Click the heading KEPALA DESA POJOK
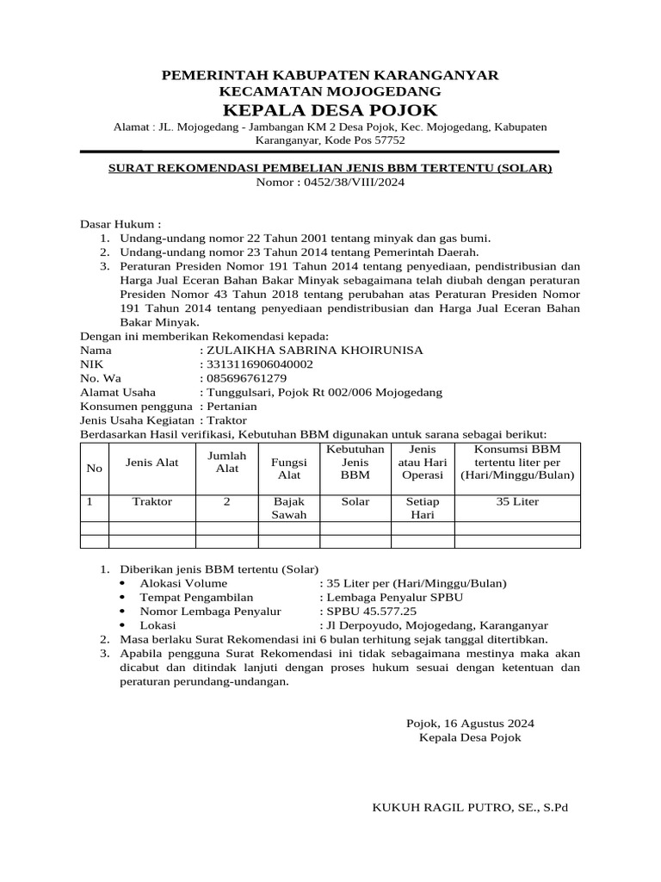(330, 109)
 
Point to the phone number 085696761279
(245, 378)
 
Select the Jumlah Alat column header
(226, 462)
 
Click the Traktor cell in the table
(152, 501)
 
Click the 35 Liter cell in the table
(517, 501)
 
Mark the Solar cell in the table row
(355, 501)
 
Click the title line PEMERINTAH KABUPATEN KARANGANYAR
(330, 77)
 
